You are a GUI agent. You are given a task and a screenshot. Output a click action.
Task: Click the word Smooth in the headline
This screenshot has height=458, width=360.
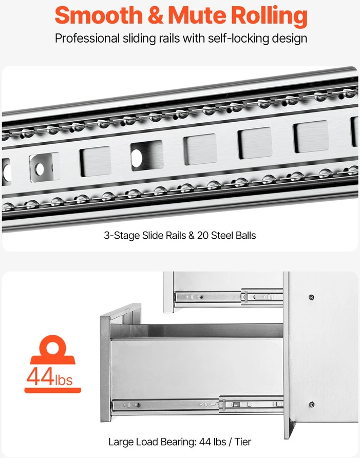[99, 15]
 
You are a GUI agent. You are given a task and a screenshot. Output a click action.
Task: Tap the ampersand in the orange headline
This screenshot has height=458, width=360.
[156, 15]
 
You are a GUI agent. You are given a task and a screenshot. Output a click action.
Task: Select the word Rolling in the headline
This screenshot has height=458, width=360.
[269, 16]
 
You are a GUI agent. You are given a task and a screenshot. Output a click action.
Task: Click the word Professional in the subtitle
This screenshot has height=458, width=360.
[87, 39]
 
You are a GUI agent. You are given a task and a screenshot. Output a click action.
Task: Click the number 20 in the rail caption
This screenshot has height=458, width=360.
[202, 236]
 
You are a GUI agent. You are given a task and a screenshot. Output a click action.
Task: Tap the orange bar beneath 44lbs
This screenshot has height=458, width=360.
[52, 390]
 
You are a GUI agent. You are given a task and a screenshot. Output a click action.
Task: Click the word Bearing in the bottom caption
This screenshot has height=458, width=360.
[178, 442]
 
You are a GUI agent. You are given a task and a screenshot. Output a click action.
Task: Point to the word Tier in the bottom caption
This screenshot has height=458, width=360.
[242, 442]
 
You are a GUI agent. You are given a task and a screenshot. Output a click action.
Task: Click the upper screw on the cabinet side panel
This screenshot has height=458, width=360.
[312, 298]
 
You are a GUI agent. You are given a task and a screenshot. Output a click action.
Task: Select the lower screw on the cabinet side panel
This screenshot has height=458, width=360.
[312, 405]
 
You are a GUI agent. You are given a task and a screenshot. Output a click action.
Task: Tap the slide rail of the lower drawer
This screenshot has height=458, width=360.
[198, 405]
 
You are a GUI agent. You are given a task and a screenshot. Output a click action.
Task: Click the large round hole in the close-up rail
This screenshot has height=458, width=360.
[137, 158]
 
